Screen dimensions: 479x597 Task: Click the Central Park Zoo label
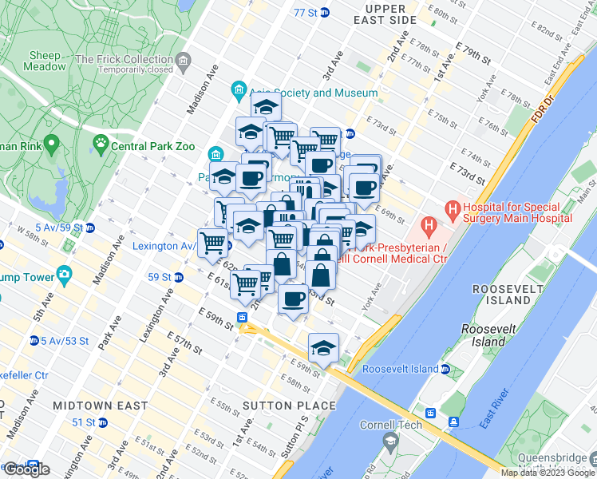tap(148, 146)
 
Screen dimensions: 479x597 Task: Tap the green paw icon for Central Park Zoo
tap(101, 144)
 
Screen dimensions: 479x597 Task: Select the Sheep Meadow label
tap(45, 61)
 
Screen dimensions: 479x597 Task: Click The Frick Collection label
tap(136, 60)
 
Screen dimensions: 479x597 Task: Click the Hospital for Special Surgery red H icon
tap(453, 212)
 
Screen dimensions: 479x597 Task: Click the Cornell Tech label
tap(390, 425)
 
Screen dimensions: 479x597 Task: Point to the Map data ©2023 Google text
tap(547, 473)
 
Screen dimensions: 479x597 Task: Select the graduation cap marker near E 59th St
tap(323, 348)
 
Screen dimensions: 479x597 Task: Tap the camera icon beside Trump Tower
tap(65, 277)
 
